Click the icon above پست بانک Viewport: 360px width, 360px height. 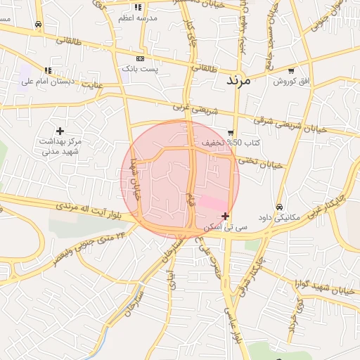[141, 58]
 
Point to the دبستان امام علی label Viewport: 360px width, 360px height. [48, 82]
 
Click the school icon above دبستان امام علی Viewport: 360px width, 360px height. [48, 70]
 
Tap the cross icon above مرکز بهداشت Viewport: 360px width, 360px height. [60, 131]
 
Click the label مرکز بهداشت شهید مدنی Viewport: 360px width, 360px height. [60, 146]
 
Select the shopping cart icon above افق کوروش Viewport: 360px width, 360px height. [291, 71]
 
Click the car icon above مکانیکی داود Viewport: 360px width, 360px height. [280, 207]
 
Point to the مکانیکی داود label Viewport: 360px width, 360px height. [279, 217]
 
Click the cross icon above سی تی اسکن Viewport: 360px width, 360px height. [225, 216]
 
